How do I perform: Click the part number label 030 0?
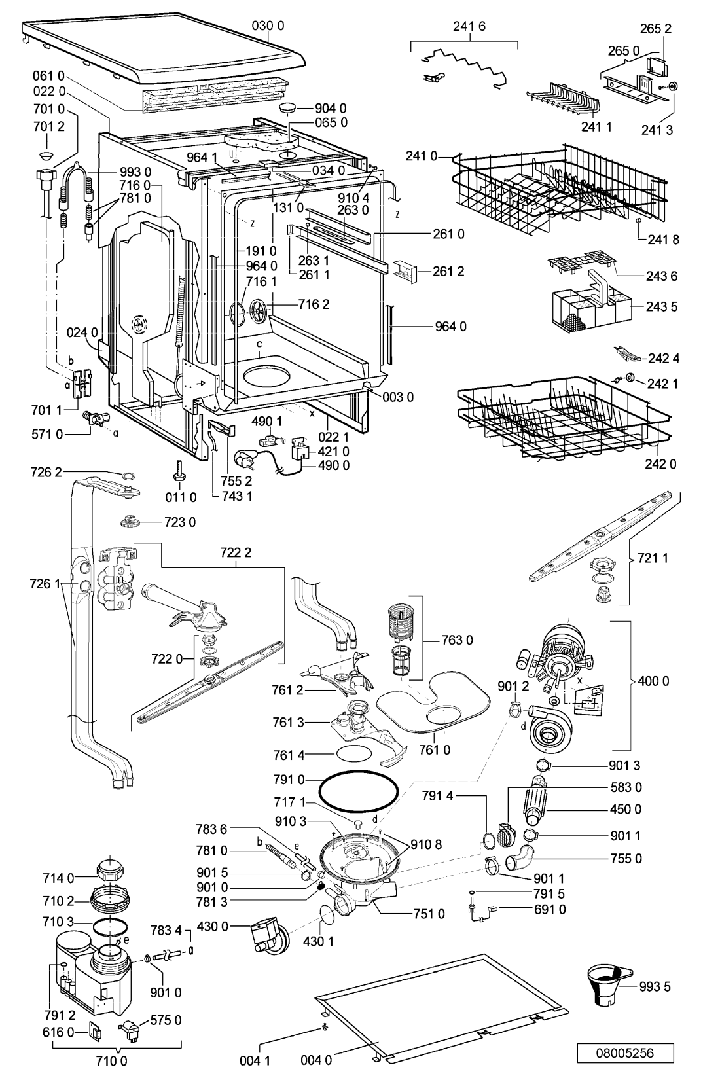coord(268,26)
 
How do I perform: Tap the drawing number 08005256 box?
coord(625,1053)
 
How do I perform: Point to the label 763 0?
coord(457,639)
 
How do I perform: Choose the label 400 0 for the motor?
coord(653,681)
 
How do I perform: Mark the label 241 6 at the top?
coord(469,26)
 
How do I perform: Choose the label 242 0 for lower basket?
coord(660,463)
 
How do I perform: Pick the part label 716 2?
coord(314,304)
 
